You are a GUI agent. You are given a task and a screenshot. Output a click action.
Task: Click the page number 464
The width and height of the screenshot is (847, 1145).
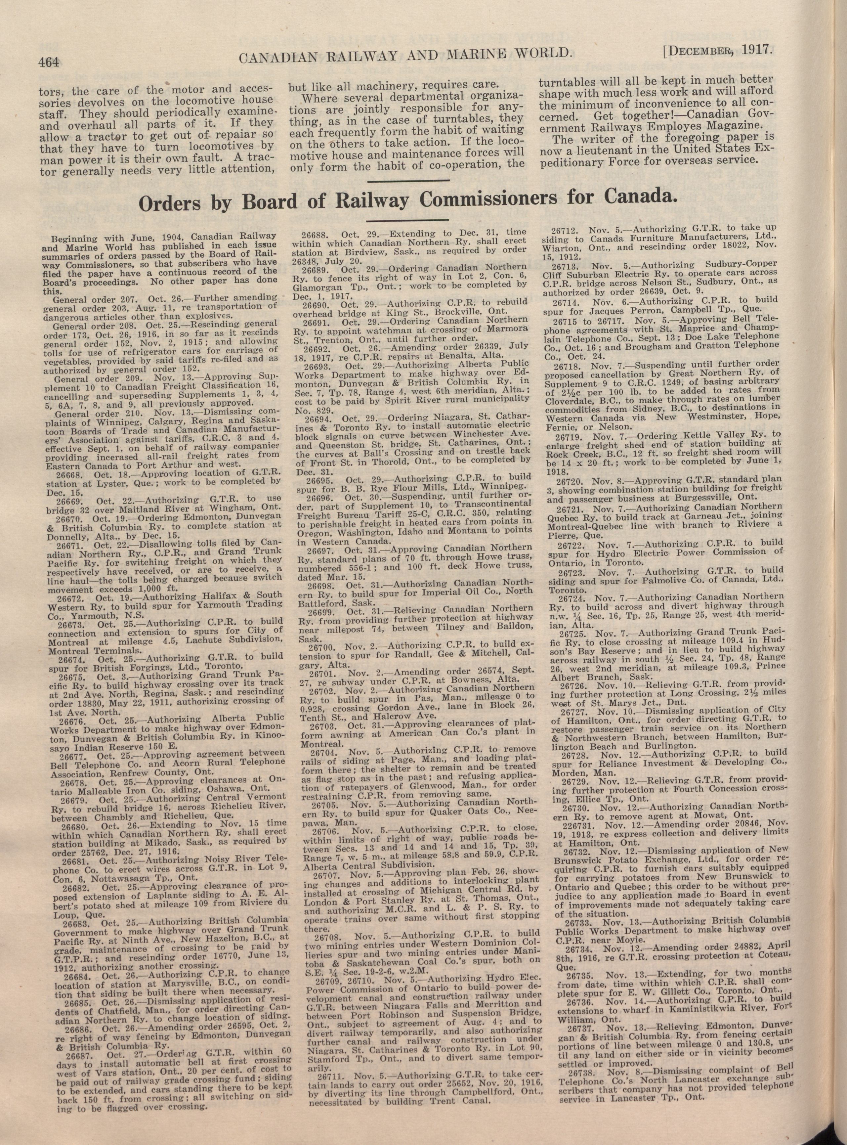coord(49,62)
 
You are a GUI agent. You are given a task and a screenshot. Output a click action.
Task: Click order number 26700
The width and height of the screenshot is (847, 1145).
coord(323,643)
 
